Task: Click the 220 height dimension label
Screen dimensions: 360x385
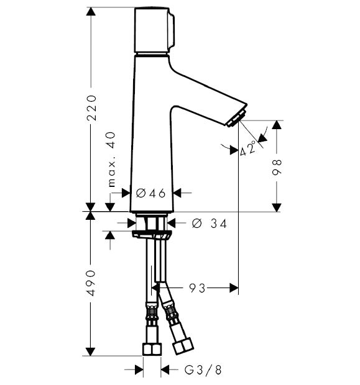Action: (x=92, y=108)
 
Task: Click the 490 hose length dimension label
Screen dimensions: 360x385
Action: (x=91, y=283)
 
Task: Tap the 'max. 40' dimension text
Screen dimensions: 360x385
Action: (x=112, y=160)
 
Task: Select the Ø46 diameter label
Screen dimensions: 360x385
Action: (x=150, y=194)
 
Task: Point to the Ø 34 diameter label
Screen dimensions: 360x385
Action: (x=210, y=224)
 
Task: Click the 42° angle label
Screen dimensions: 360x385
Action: (x=248, y=148)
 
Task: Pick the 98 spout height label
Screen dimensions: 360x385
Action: (x=277, y=167)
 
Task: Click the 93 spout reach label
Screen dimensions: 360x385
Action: (x=197, y=288)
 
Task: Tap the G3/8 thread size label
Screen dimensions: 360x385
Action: (x=203, y=370)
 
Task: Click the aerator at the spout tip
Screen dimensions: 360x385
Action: (x=236, y=119)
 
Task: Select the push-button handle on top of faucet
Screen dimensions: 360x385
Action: (x=154, y=30)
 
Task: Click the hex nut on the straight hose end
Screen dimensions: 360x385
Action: (x=152, y=349)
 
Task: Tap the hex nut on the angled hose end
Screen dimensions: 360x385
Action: (x=183, y=346)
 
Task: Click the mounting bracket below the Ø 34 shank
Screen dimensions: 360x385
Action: (x=150, y=234)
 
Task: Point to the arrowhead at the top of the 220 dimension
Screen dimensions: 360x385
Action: (x=91, y=12)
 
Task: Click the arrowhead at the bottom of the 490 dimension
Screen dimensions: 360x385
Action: (x=91, y=351)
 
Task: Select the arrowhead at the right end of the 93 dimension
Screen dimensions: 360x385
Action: (x=234, y=288)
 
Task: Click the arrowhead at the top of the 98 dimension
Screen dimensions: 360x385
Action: (x=277, y=125)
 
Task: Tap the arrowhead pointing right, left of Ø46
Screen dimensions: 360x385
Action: (x=126, y=193)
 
